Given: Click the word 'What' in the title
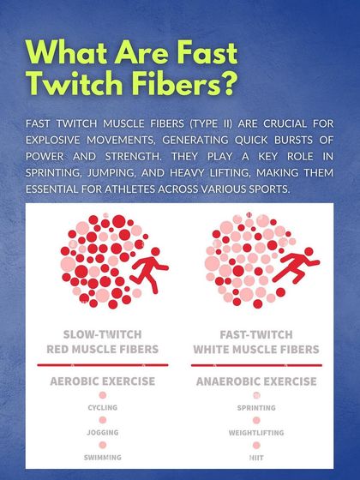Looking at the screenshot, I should [70, 52].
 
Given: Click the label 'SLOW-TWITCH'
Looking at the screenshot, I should [103, 333].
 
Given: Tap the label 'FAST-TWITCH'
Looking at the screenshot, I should [255, 333].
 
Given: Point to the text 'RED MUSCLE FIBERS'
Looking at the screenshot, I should [103, 349].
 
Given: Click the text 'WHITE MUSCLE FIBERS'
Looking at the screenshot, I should [255, 349].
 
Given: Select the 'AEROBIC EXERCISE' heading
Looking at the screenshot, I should [103, 380].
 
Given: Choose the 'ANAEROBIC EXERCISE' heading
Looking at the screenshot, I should [255, 380].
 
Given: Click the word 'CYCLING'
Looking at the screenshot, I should [103, 408].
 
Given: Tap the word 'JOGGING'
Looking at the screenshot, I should [103, 433].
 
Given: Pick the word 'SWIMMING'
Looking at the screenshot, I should [103, 459].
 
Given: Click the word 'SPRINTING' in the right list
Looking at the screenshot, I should [255, 408].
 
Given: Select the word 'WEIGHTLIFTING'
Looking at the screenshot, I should [255, 433].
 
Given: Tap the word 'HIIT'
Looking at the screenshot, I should [255, 459].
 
